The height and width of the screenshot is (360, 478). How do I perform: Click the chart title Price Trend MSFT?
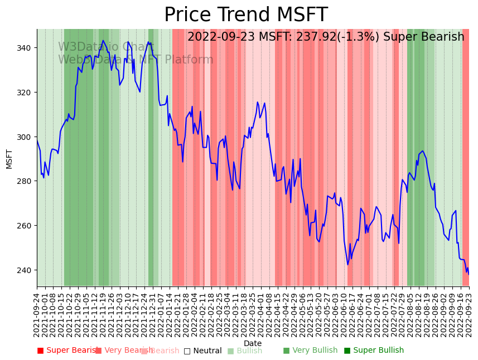[245, 15]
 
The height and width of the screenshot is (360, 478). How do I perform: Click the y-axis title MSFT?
[9, 159]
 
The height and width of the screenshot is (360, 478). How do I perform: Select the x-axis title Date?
[253, 343]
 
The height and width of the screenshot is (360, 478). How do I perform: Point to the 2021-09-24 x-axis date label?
[37, 314]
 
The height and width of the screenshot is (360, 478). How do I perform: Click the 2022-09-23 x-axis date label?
[469, 314]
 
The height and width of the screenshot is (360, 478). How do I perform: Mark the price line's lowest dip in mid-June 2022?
[348, 264]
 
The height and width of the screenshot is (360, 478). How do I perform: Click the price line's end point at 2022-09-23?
[469, 274]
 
